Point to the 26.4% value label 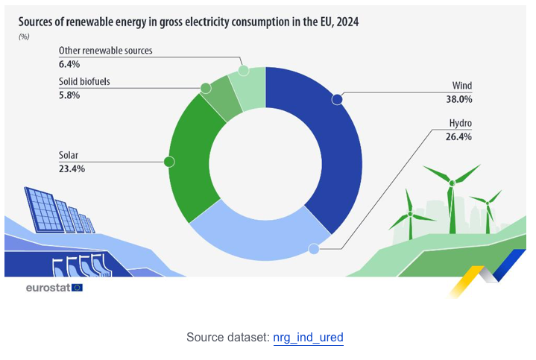pyautogui.click(x=459, y=136)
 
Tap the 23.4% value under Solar pyautogui.click(x=72, y=169)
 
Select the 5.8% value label pyautogui.click(x=69, y=95)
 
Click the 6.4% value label pyautogui.click(x=69, y=65)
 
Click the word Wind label pyautogui.click(x=462, y=86)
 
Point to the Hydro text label pyautogui.click(x=461, y=123)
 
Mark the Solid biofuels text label pyautogui.click(x=84, y=81)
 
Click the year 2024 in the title pyautogui.click(x=347, y=22)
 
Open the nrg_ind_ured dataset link pyautogui.click(x=308, y=338)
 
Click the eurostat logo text pyautogui.click(x=48, y=287)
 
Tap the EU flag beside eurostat pyautogui.click(x=78, y=287)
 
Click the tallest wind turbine pyautogui.click(x=450, y=201)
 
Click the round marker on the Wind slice pyautogui.click(x=337, y=99)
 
